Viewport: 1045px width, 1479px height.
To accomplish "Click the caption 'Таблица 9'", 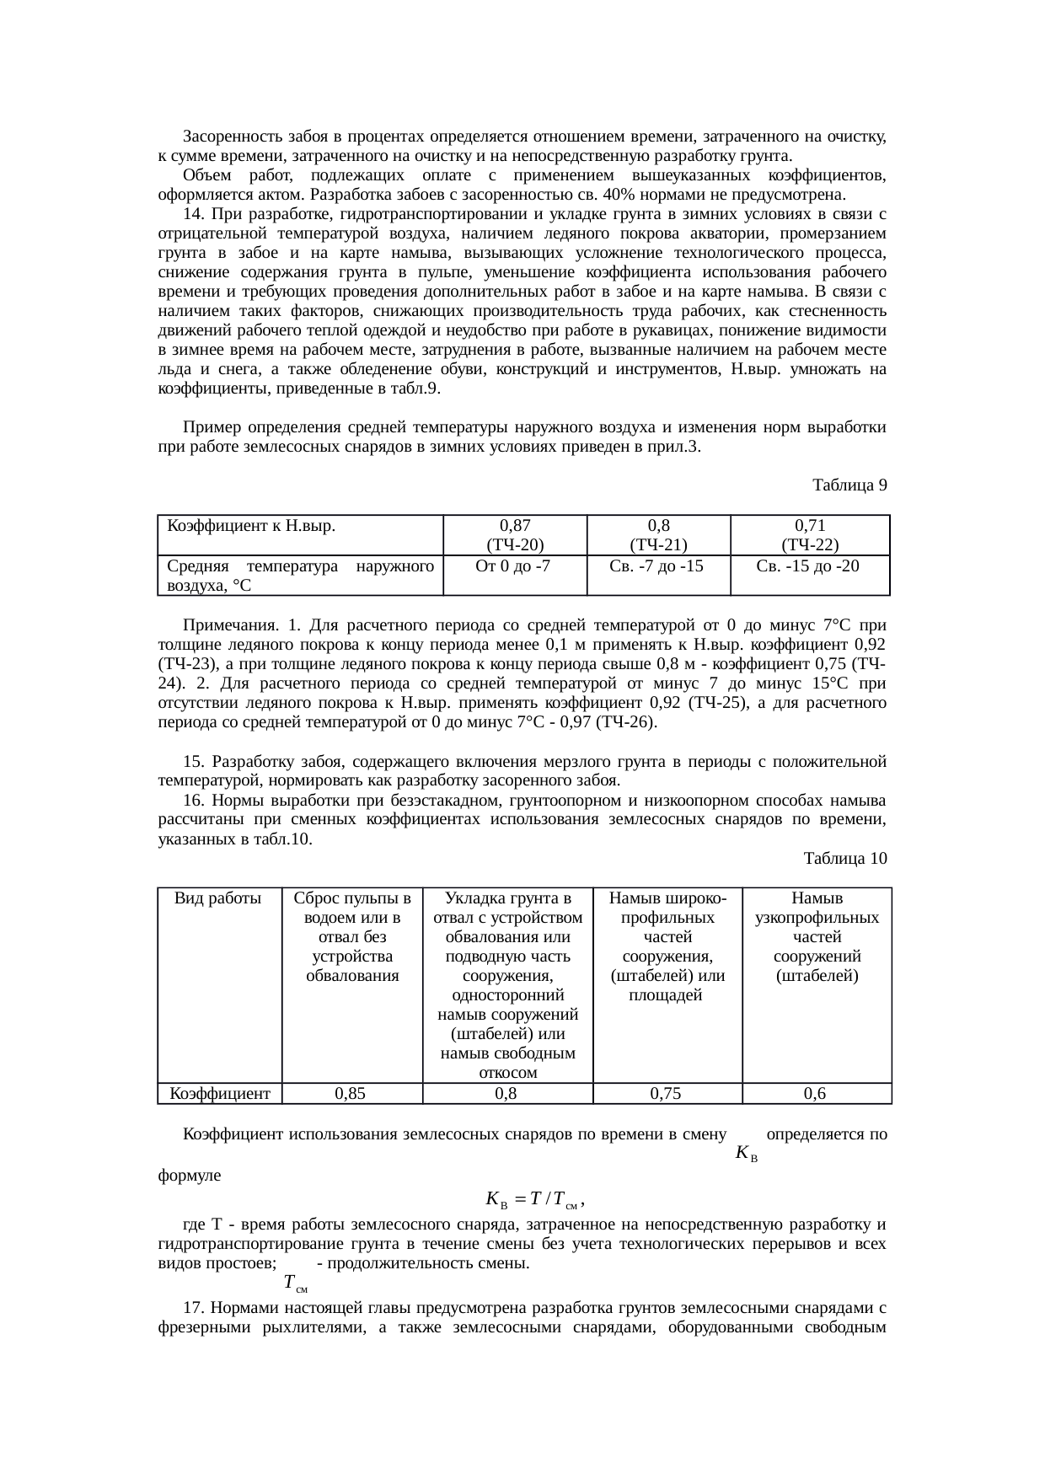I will pos(849,485).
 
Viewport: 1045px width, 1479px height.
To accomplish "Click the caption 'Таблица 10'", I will pos(845,859).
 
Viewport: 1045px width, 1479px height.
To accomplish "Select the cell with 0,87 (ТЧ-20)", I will pos(514,534).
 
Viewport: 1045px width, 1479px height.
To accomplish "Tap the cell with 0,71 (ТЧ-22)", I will pos(809,534).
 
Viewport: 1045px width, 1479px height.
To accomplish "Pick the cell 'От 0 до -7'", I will pos(514,566).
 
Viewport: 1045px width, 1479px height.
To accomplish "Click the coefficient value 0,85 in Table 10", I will pos(350,1094).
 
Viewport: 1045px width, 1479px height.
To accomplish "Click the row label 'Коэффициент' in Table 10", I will pos(220,1094).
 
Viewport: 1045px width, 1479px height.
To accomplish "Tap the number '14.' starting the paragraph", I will pos(195,214).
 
